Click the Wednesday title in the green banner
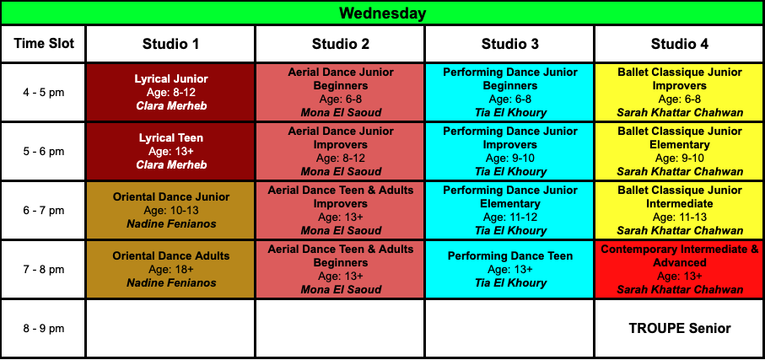(383, 13)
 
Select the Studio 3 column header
(509, 44)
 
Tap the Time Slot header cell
(44, 44)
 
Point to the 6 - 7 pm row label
(44, 211)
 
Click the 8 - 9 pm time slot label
(44, 329)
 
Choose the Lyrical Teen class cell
(170, 152)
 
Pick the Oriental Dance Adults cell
(170, 269)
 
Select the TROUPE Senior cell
(680, 328)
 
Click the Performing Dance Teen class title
(509, 255)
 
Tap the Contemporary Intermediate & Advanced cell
(680, 269)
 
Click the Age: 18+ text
(170, 270)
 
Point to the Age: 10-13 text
(170, 211)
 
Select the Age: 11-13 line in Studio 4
(680, 217)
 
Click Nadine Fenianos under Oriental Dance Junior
(170, 224)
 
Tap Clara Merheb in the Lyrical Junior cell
(170, 106)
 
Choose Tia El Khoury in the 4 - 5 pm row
(509, 113)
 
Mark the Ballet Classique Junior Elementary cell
(680, 152)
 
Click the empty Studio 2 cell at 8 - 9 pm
(340, 328)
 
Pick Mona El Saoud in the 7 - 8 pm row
(341, 290)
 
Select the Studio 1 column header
(170, 44)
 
